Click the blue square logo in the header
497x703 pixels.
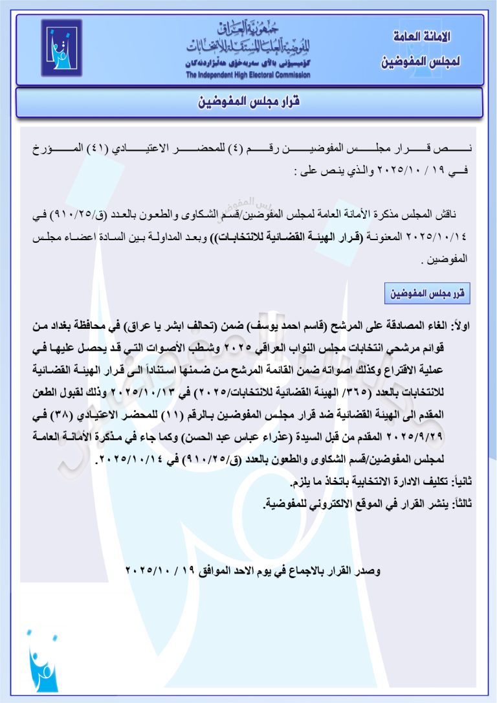point(61,48)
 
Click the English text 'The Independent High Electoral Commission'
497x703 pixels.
point(248,75)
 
